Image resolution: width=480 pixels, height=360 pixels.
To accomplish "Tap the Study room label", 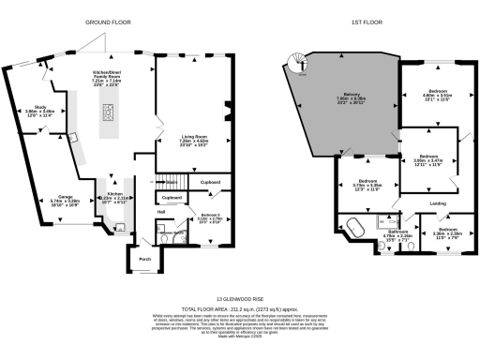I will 40,110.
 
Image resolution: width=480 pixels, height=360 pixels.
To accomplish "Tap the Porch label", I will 144,259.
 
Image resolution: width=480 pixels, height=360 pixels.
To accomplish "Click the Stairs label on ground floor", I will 171,181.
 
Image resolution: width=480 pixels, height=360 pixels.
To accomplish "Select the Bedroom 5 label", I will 204,215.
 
